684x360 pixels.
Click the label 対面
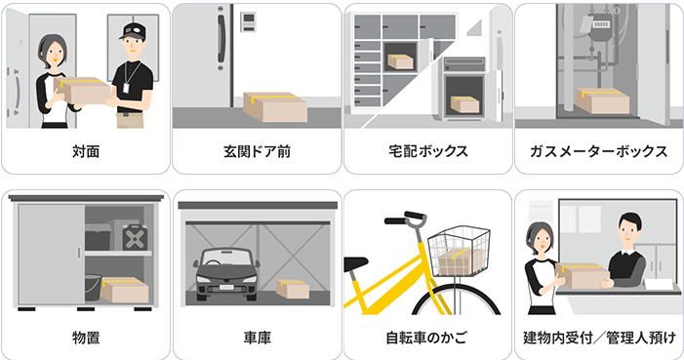click(85, 152)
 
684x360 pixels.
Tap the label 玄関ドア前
click(256, 152)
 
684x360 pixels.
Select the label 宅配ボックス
click(427, 152)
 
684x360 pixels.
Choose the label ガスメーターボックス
click(598, 152)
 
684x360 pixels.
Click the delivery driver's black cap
click(131, 31)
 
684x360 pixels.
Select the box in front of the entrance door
click(275, 106)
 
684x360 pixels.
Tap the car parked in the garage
click(224, 276)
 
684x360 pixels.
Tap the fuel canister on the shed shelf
click(130, 234)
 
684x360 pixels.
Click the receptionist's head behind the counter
click(628, 232)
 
